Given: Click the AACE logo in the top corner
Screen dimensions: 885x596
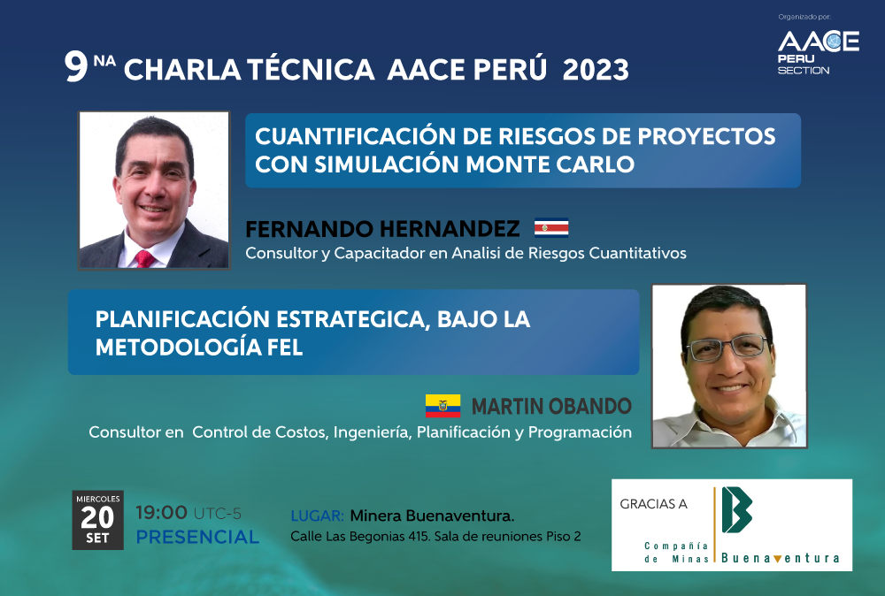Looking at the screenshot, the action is click(x=819, y=52).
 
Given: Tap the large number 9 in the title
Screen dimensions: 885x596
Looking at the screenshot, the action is click(x=75, y=66).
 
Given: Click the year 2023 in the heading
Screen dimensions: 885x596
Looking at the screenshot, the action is click(x=596, y=70).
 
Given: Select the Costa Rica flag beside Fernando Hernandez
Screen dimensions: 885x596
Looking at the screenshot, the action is click(x=551, y=228).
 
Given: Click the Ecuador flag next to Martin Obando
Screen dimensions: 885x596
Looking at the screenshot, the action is click(x=443, y=406).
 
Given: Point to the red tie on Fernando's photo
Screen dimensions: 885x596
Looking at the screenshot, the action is click(x=144, y=259).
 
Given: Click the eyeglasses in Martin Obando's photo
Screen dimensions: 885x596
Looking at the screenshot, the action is click(x=727, y=348).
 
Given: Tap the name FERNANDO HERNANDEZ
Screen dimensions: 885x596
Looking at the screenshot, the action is click(x=382, y=229).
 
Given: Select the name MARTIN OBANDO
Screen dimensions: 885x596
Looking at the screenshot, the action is click(x=551, y=406).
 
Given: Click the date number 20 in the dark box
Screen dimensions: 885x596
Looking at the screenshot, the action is click(x=97, y=517).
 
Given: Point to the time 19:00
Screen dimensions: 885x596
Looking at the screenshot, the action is click(x=161, y=513).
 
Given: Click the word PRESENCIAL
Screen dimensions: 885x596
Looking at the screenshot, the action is click(x=197, y=537).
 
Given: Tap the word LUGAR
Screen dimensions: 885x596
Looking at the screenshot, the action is click(x=317, y=516).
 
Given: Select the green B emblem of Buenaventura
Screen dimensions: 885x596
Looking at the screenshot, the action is click(x=736, y=509).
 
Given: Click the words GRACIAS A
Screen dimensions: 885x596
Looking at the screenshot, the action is click(x=653, y=504).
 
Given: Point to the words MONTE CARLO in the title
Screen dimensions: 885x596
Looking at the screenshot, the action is click(x=550, y=164).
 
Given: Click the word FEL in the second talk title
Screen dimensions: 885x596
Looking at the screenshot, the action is click(x=284, y=347).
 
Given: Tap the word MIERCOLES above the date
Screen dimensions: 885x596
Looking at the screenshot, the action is click(x=98, y=499).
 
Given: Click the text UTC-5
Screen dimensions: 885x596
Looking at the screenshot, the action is click(x=218, y=514).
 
